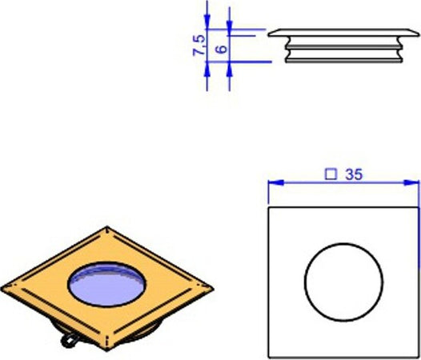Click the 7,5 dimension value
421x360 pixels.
tap(198, 44)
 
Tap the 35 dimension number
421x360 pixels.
tap(353, 174)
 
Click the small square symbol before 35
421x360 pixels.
tap(329, 174)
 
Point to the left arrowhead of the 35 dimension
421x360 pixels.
tap(272, 183)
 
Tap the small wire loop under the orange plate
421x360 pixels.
tap(71, 341)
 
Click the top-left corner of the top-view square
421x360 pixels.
tap(269, 208)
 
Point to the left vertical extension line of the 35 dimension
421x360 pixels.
tap(268, 192)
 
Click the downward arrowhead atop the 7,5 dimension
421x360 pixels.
tap(207, 23)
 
